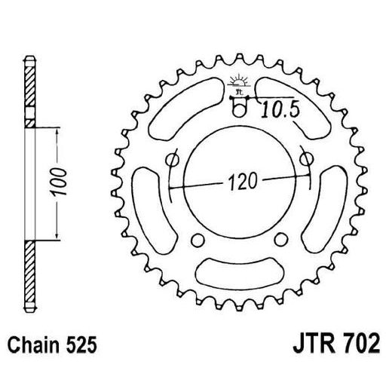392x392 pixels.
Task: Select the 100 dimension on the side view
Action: [x=66, y=182]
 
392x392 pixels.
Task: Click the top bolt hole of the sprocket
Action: [x=239, y=110]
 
